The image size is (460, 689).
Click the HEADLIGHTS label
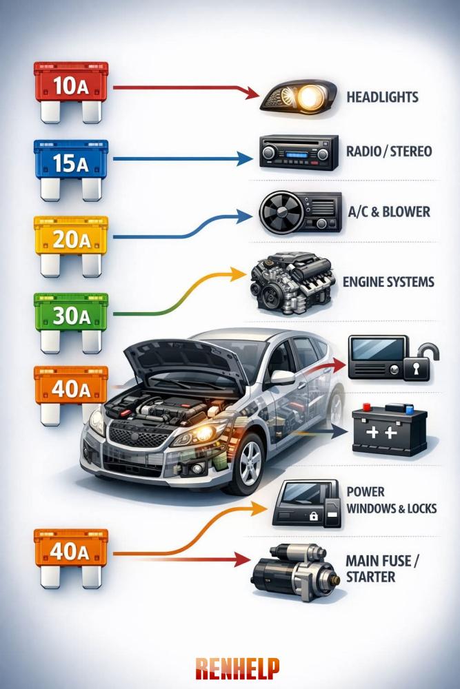pyautogui.click(x=382, y=97)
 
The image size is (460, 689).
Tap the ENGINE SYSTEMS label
pyautogui.click(x=388, y=282)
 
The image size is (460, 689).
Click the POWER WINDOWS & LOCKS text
pyautogui.click(x=390, y=500)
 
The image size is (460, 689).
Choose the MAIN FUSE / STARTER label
pyautogui.click(x=381, y=568)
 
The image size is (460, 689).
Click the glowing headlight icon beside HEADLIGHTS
pyautogui.click(x=298, y=97)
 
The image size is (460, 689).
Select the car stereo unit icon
pyautogui.click(x=299, y=152)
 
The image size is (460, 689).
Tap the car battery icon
pyautogui.click(x=389, y=429)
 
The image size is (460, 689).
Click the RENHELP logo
pyautogui.click(x=237, y=667)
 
